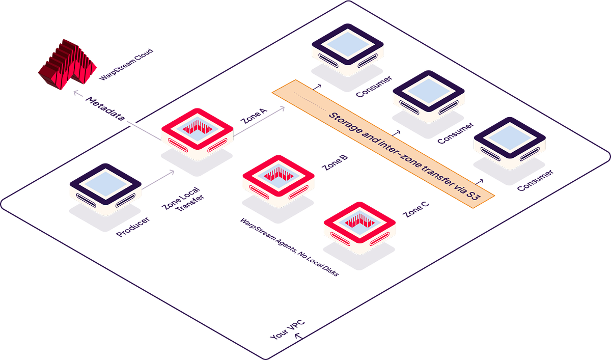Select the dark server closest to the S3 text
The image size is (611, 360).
[509, 141]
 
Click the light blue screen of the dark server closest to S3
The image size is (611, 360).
[509, 134]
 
